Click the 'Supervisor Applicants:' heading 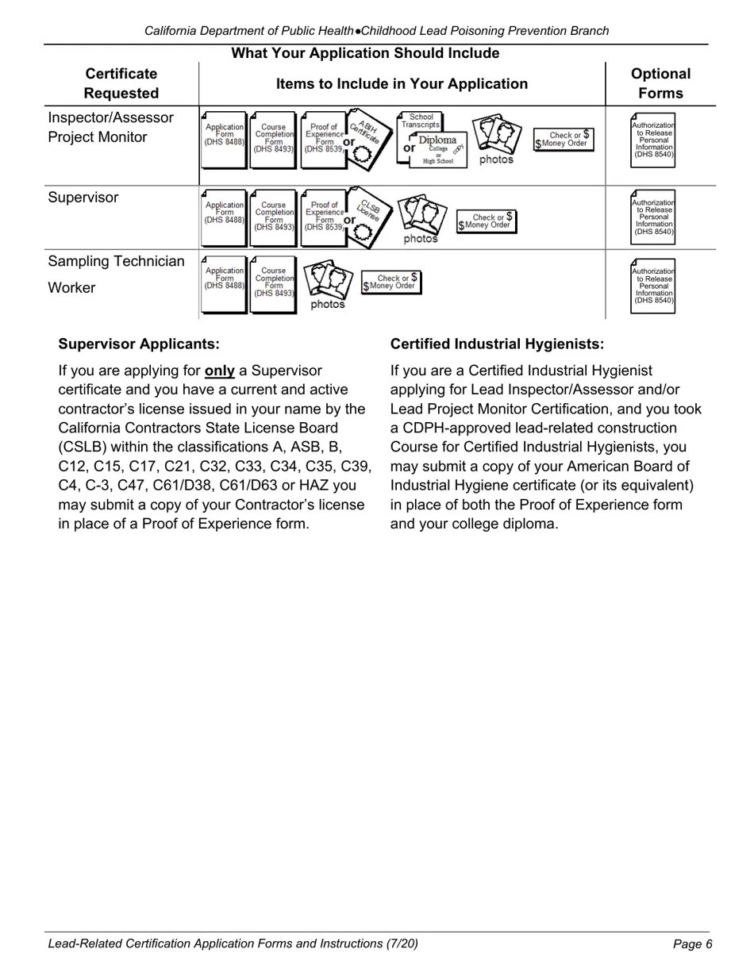coord(139,344)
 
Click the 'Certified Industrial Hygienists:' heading coord(497,344)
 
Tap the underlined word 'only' coord(219,371)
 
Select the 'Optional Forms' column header coord(660,83)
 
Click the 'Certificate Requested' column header coord(121,83)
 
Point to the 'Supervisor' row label coord(83,198)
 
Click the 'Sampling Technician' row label coord(116,261)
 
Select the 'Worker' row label coord(71,287)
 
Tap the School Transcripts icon coord(421,121)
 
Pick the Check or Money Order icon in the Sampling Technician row coord(392,282)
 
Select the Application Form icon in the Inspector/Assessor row coord(224,138)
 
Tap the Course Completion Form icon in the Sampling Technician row coord(274,283)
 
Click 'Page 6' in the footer coord(692,943)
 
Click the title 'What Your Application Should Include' coord(365,53)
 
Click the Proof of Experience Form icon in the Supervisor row coord(323,216)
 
